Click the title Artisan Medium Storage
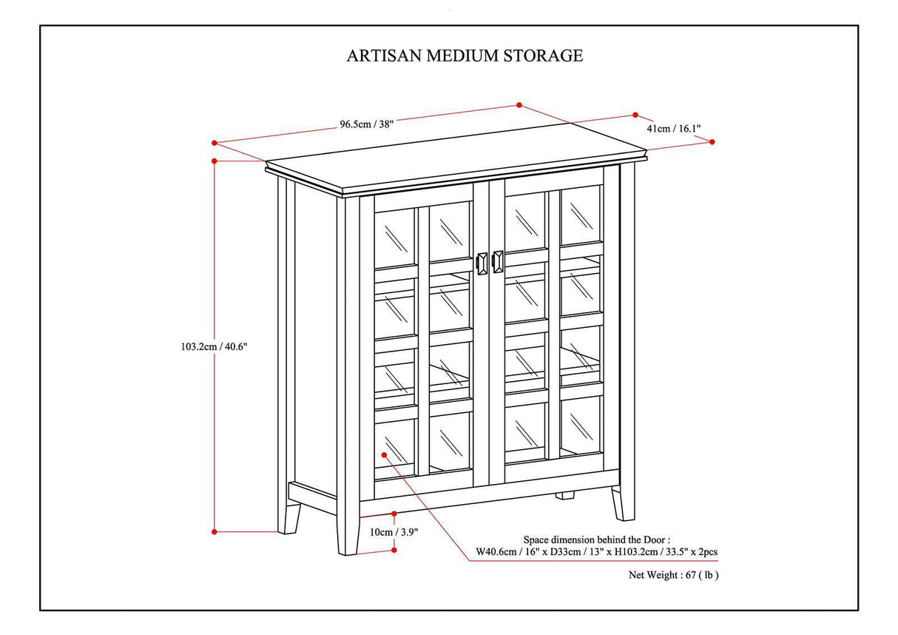[x=465, y=56]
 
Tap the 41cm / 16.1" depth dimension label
[x=673, y=128]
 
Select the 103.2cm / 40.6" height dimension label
[x=213, y=346]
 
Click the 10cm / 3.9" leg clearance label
[x=393, y=531]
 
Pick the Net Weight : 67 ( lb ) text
[x=673, y=574]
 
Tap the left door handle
[x=482, y=263]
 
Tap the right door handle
[x=498, y=262]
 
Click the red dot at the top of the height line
[x=215, y=161]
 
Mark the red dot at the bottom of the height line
[x=215, y=531]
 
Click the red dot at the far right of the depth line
[x=712, y=141]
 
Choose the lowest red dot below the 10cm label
[x=394, y=550]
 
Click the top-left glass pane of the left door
[x=395, y=237]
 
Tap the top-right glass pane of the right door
[x=581, y=215]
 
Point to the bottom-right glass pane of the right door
[x=581, y=426]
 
